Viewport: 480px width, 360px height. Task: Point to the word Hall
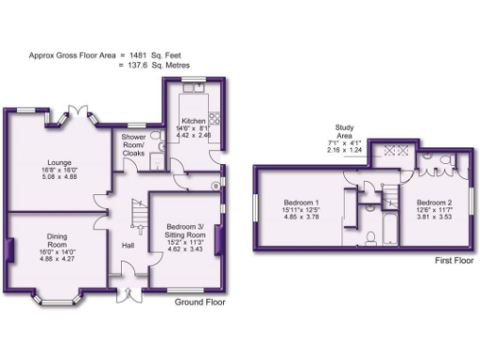(128, 246)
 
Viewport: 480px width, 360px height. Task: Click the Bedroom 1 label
(302, 202)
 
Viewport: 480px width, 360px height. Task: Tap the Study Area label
(344, 131)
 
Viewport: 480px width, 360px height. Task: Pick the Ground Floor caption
(201, 303)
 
